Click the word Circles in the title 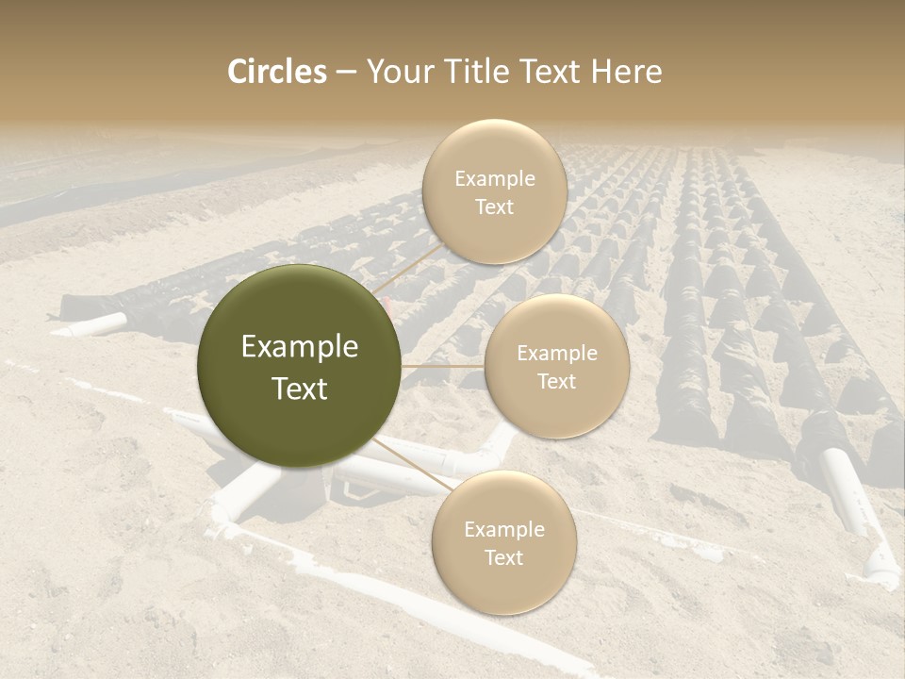click(x=277, y=72)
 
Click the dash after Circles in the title click(x=346, y=73)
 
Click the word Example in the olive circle click(x=300, y=347)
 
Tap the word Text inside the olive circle click(x=300, y=389)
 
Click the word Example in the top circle click(x=494, y=179)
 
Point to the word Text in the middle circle click(x=556, y=381)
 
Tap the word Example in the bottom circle click(x=503, y=530)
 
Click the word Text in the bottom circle click(x=503, y=558)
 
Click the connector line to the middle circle click(x=443, y=366)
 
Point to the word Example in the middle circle click(x=556, y=354)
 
